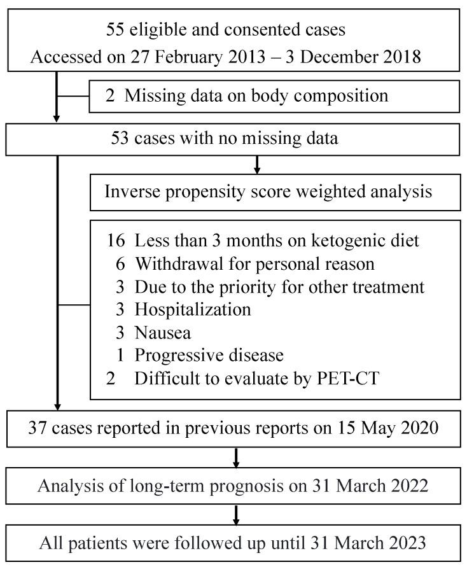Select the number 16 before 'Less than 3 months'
coord(116,241)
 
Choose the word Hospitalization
coord(193,309)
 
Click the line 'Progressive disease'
coord(209,354)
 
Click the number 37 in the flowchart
coord(38,427)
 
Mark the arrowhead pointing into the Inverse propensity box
coord(257,171)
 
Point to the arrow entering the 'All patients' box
coord(236,521)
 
